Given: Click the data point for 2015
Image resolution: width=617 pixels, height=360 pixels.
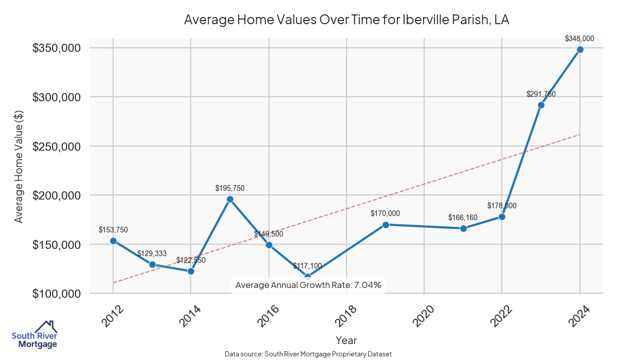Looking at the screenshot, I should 230,199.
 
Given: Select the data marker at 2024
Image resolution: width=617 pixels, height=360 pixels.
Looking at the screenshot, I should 580,49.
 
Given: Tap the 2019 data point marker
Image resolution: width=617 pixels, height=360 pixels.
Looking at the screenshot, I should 386,225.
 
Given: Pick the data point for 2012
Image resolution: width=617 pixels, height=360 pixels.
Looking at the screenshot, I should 113,241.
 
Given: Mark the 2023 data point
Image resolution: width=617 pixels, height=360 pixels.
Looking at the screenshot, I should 541,105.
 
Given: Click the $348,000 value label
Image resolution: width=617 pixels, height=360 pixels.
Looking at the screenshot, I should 579,38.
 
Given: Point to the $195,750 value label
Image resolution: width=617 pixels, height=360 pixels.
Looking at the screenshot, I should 230,188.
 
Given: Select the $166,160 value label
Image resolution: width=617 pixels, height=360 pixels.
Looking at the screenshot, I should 463,217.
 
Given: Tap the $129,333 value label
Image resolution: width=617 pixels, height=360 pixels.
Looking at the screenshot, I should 152,254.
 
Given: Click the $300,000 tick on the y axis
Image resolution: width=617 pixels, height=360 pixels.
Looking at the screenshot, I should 57,97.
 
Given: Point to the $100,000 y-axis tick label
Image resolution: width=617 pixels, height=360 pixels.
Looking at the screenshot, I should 57,294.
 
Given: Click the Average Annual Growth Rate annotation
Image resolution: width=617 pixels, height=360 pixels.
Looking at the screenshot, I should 308,285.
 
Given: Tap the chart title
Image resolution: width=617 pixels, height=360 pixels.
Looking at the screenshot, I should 347,20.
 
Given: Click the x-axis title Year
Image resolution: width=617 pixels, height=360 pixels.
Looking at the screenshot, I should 346,340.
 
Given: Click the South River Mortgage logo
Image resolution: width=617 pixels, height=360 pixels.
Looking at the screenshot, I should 34,335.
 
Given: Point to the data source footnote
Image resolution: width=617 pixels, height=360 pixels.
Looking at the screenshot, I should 308,354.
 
